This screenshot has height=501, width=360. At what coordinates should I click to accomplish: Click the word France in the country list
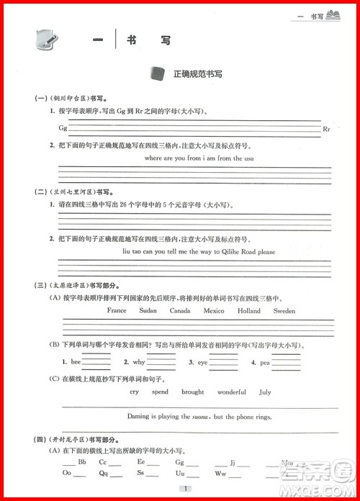pyautogui.click(x=116, y=311)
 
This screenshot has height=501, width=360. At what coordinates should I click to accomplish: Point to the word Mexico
pyautogui.click(x=213, y=311)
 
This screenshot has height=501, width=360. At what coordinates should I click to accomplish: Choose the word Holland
pyautogui.click(x=249, y=311)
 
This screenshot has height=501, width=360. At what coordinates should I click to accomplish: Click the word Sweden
pyautogui.click(x=284, y=311)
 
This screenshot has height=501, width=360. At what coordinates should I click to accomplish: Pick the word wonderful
pyautogui.click(x=232, y=392)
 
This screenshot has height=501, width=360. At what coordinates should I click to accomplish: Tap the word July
pyautogui.click(x=265, y=392)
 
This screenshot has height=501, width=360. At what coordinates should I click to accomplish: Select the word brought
pyautogui.click(x=192, y=392)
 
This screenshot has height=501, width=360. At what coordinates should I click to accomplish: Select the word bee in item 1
pyautogui.click(x=76, y=362)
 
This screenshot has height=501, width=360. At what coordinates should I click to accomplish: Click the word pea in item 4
pyautogui.click(x=266, y=362)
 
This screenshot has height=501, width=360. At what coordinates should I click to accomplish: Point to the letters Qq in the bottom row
pyautogui.click(x=103, y=474)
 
